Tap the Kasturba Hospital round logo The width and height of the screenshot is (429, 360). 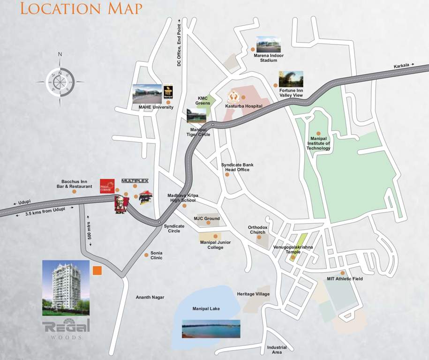coord(233,97)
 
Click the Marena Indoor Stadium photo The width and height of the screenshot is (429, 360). coord(268,45)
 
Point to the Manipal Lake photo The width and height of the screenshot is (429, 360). coord(211,329)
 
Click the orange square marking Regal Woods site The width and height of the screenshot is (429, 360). coord(98,270)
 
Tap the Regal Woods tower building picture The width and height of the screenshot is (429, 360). coord(66,287)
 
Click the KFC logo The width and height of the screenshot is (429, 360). coord(121,205)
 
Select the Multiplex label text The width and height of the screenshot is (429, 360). coord(135,180)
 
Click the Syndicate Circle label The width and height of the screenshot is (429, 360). coord(174,228)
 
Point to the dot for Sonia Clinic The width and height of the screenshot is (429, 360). coord(146,255)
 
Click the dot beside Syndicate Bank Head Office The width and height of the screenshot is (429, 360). coord(227,174)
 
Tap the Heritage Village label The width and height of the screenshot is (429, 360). coord(253,294)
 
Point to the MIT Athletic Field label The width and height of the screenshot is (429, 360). coord(345,279)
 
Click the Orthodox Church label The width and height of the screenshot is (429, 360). coord(257,230)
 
